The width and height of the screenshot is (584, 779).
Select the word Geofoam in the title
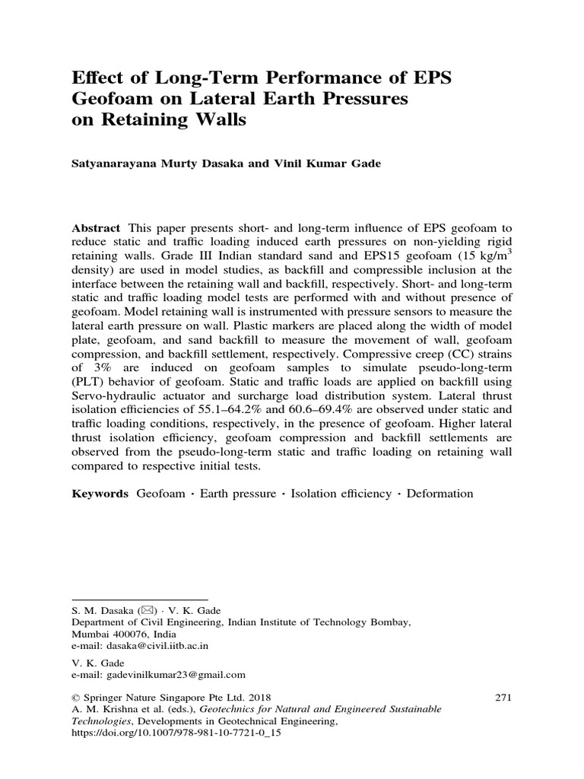click(x=113, y=100)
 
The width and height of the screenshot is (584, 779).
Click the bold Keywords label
click(x=100, y=494)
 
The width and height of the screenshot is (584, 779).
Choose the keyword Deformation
click(x=440, y=494)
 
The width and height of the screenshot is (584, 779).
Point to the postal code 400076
click(x=130, y=633)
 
